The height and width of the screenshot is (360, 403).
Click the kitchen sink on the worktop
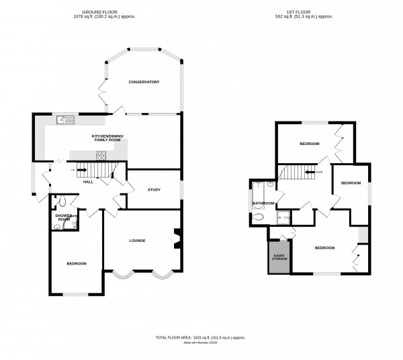[67, 120]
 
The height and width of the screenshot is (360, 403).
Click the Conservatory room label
[144, 82]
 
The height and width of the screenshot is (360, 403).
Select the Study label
[154, 190]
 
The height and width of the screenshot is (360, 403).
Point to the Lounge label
[138, 240]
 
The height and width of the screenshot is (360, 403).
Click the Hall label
[87, 181]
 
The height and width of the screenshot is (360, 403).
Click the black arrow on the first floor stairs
[310, 172]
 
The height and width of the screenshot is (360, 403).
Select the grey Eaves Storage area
[279, 258]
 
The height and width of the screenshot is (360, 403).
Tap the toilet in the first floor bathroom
[260, 217]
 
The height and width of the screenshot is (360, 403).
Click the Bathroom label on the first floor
[263, 203]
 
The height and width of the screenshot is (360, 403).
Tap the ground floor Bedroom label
[76, 263]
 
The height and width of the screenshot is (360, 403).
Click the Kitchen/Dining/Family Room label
[112, 138]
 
